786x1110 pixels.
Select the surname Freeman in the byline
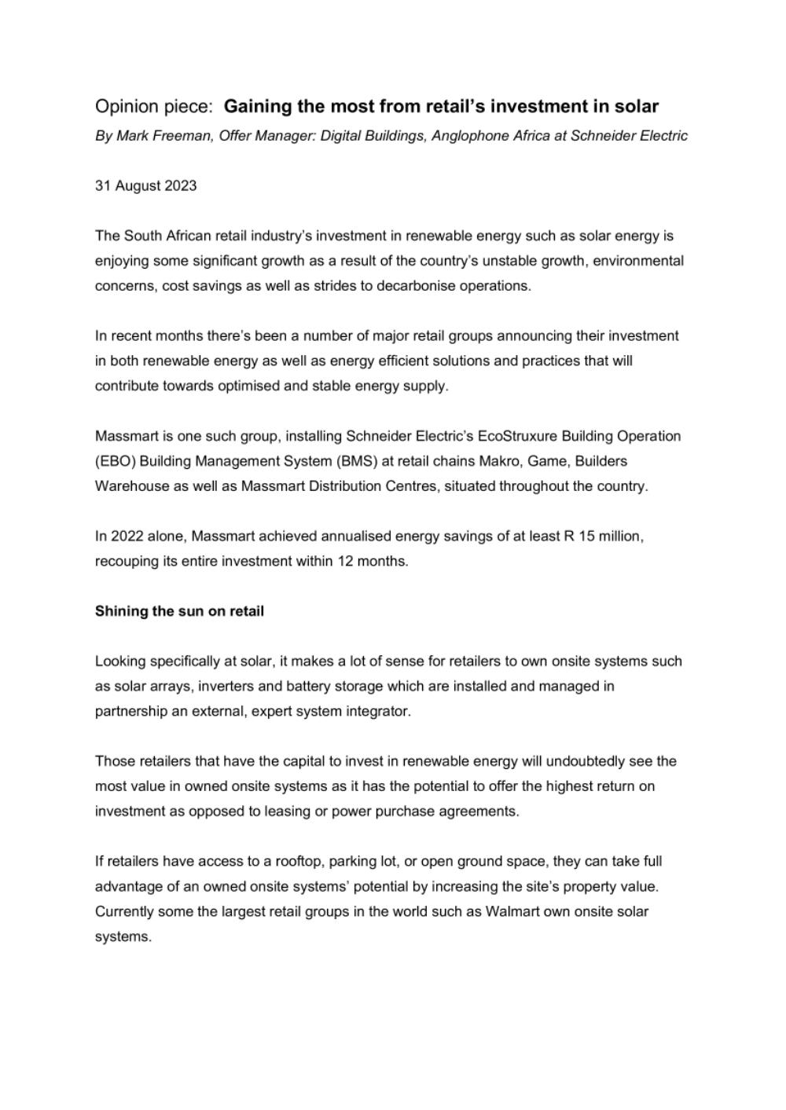183,136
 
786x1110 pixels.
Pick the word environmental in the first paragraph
637,261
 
